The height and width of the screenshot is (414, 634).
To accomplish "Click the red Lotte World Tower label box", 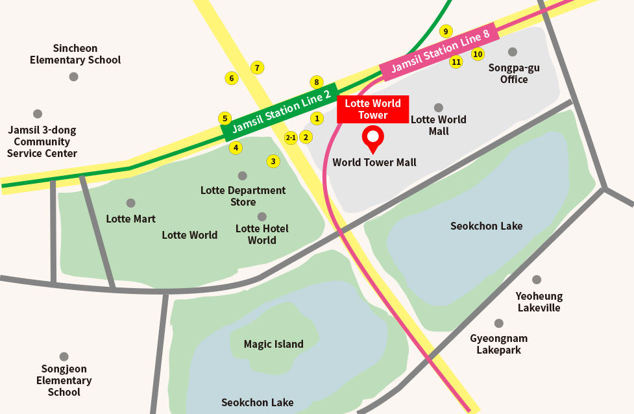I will pyautogui.click(x=372, y=109).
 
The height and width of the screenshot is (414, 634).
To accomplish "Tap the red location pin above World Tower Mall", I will pyautogui.click(x=372, y=138).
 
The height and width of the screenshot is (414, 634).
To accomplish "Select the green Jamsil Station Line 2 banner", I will pyautogui.click(x=280, y=112).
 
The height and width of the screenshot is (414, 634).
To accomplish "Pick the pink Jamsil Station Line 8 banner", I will pyautogui.click(x=439, y=52).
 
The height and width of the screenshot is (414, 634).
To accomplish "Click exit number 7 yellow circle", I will pyautogui.click(x=257, y=67).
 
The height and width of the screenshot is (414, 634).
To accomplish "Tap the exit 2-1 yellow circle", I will pyautogui.click(x=291, y=138).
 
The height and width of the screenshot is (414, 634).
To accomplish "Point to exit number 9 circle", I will pyautogui.click(x=445, y=31).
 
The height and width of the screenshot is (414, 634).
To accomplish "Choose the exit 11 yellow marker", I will pyautogui.click(x=456, y=62).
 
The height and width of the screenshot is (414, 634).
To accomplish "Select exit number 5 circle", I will pyautogui.click(x=225, y=118).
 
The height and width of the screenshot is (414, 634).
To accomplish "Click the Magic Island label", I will pyautogui.click(x=273, y=344).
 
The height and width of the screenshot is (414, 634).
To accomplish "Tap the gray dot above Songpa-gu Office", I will pyautogui.click(x=513, y=52).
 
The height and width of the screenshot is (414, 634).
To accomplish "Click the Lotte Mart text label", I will pyautogui.click(x=130, y=219).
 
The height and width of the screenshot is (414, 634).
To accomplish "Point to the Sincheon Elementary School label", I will pyautogui.click(x=75, y=54).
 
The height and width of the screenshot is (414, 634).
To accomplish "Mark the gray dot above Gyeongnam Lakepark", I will pyautogui.click(x=498, y=323).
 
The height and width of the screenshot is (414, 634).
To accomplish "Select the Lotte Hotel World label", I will pyautogui.click(x=262, y=234).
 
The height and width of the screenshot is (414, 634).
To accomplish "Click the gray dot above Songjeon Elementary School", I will pyautogui.click(x=64, y=357).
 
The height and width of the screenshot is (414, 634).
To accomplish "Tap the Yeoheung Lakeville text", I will pyautogui.click(x=539, y=302).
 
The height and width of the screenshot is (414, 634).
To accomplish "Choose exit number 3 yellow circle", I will pyautogui.click(x=273, y=161).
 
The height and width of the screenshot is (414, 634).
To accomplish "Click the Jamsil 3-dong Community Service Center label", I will pyautogui.click(x=42, y=141).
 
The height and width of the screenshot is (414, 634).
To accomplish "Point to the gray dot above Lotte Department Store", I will pyautogui.click(x=243, y=176).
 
